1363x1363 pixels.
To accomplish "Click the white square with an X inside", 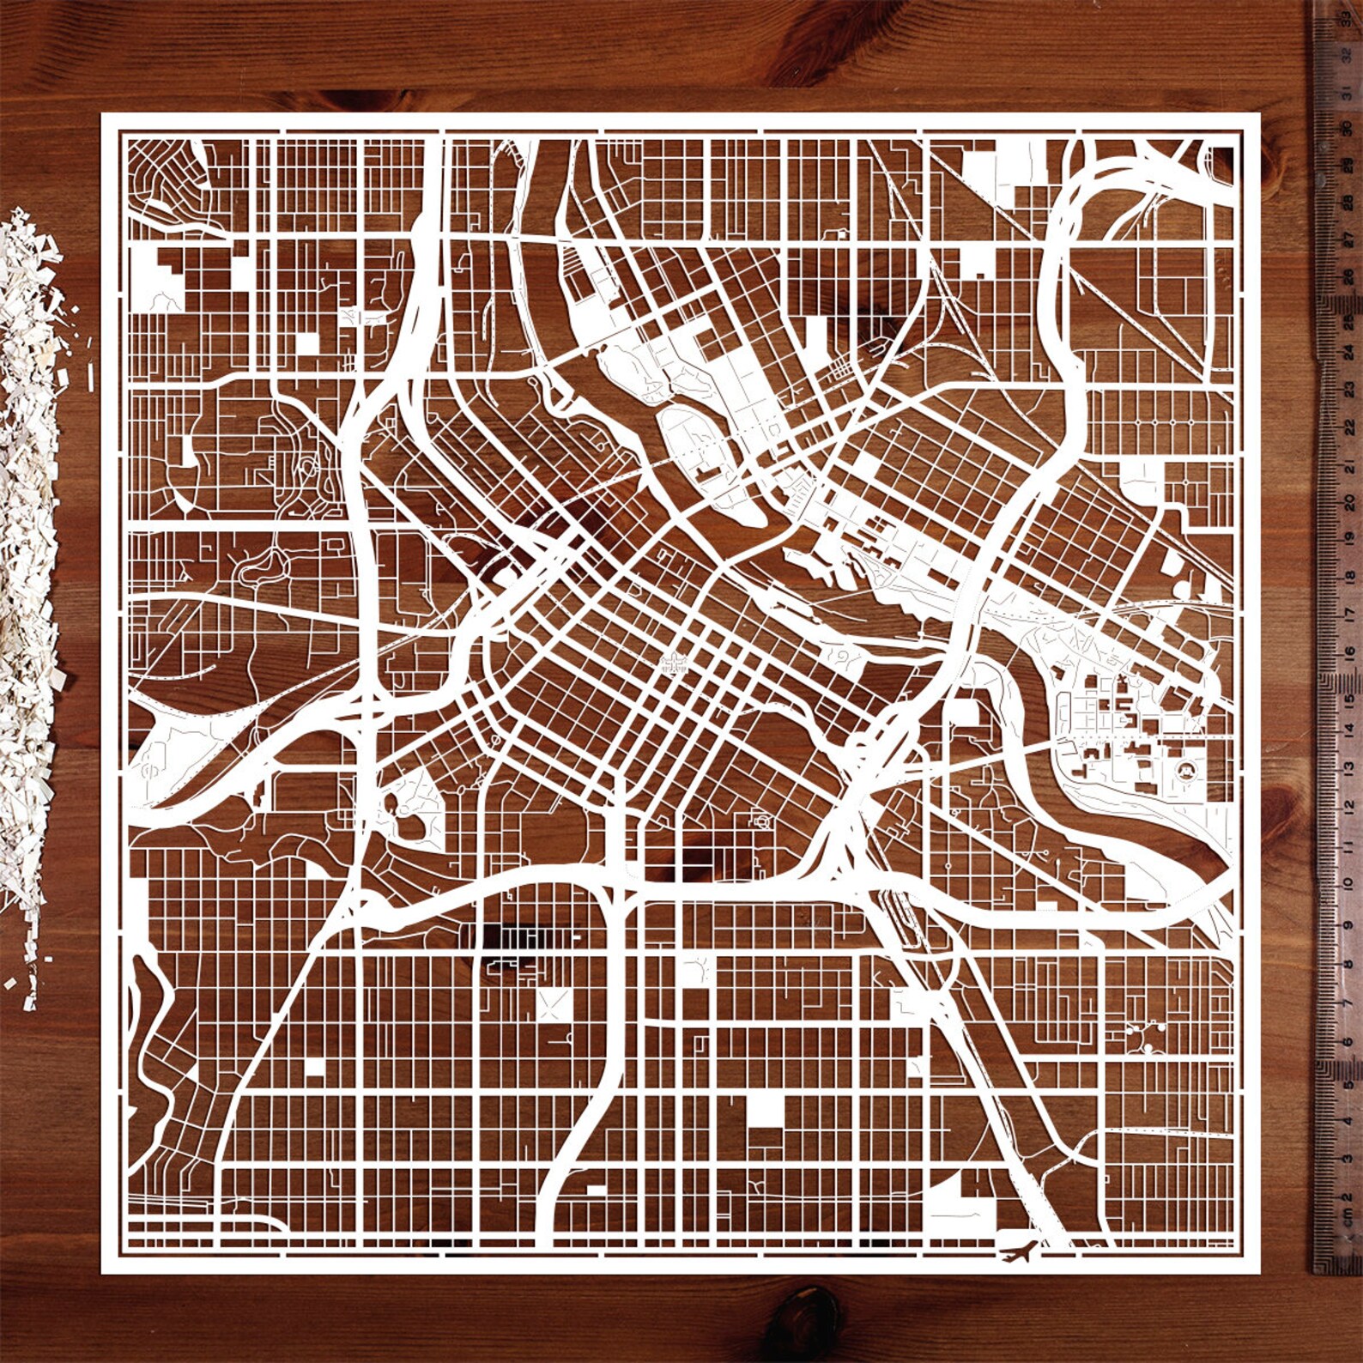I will tap(554, 1004).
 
